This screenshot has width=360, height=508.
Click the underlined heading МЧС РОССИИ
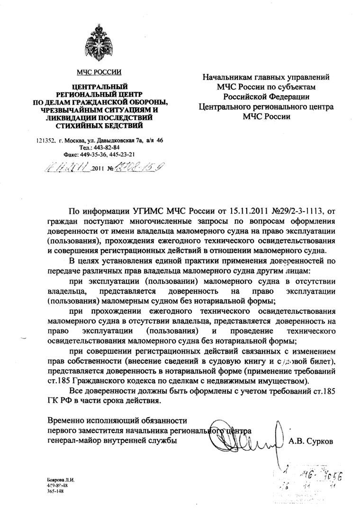99,72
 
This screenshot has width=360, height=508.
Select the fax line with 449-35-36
99,154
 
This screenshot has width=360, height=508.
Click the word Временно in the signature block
66,420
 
